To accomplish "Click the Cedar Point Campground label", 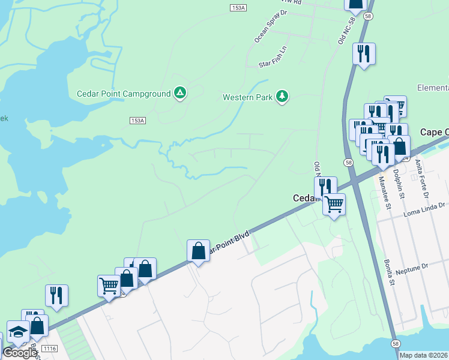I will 124,94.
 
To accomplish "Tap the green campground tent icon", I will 179,93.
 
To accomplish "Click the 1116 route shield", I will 50,349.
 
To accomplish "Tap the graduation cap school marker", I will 18,332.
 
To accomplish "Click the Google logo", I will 19,353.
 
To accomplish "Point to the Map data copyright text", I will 424,355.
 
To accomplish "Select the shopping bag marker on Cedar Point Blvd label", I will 198,251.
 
